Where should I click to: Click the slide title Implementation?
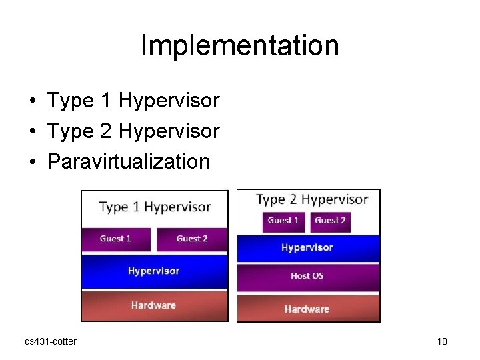tap(240, 45)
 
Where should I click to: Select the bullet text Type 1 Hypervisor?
tap(133, 101)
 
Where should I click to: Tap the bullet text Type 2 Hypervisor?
tap(133, 131)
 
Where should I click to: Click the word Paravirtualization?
tap(129, 161)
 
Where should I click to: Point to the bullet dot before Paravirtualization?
tap(32, 162)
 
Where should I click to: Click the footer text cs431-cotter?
tap(51, 341)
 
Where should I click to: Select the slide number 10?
tap(442, 341)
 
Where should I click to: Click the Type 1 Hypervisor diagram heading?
tap(155, 207)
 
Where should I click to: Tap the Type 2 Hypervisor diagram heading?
tap(312, 199)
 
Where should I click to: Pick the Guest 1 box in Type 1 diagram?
tap(117, 239)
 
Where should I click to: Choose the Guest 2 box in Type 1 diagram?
tap(192, 239)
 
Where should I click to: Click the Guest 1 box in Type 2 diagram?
tap(284, 221)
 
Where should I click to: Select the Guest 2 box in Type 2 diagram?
tap(331, 221)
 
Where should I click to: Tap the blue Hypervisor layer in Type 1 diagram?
tap(154, 271)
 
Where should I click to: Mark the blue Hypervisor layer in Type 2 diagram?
tap(308, 248)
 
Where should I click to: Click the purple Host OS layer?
tap(308, 276)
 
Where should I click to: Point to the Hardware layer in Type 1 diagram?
tap(154, 305)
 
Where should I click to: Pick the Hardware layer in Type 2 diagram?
tap(308, 309)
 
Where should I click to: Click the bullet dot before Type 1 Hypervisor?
tap(32, 101)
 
